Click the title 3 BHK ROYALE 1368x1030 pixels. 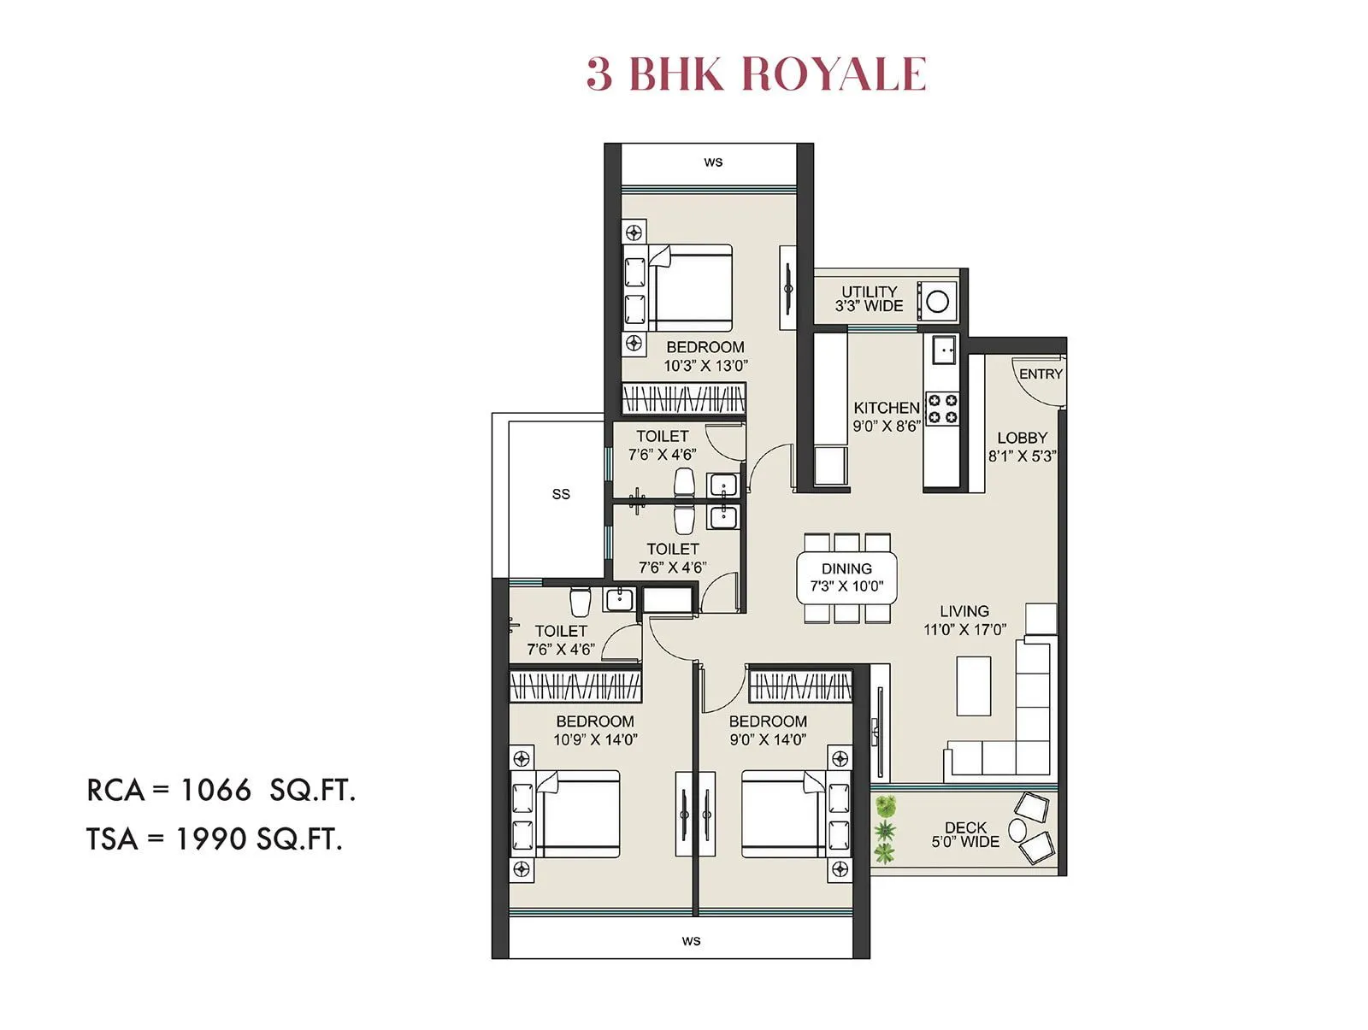point(756,74)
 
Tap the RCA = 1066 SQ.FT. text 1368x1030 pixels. point(221,790)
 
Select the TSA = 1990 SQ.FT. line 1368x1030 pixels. point(215,839)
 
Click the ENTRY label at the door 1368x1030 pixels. point(1041,374)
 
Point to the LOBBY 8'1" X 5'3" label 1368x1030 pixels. point(1022,446)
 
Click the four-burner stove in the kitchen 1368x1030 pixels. point(942,409)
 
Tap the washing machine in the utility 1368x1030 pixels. point(937,301)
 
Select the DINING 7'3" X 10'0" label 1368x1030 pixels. point(846,577)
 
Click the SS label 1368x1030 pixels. point(561,494)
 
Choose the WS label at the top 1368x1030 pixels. point(713,162)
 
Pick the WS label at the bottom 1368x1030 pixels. point(691,941)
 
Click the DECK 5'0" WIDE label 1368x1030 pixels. point(965,834)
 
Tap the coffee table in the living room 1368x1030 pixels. point(973,686)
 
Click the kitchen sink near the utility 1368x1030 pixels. point(944,349)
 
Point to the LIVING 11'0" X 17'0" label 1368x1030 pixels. point(964,620)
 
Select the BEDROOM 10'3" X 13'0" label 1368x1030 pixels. point(705,356)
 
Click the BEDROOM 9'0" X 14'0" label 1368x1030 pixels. point(768,730)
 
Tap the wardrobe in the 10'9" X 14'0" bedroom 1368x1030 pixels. point(575,686)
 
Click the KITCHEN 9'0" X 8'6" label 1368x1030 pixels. point(886,416)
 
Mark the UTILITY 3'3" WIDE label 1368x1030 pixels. point(869,298)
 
